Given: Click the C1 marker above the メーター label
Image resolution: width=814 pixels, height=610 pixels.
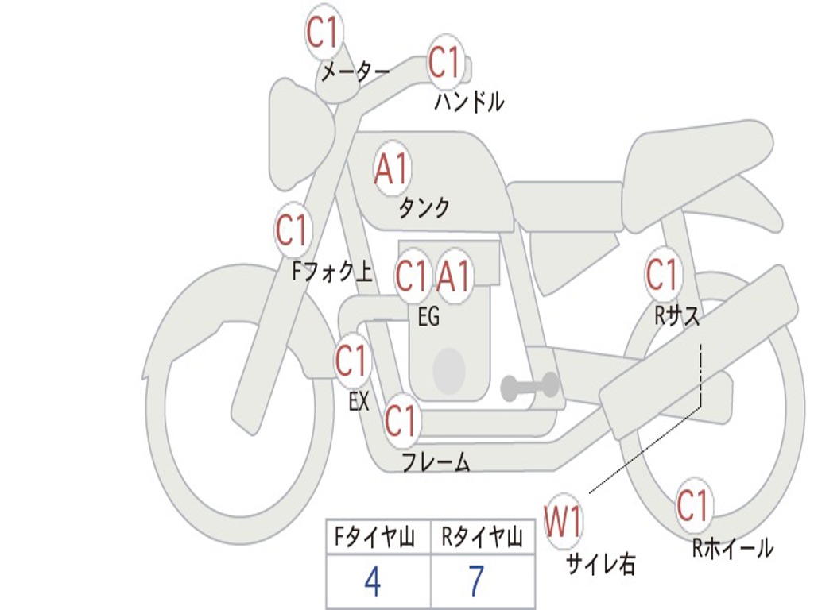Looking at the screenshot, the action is pos(324,33).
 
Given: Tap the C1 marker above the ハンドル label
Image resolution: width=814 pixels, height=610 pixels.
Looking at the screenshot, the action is pos(445,63).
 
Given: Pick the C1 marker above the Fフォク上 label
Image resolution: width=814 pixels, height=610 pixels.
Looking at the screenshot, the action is pos(292,230).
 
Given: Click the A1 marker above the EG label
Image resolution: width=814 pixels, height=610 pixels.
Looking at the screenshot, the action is pos(455,277).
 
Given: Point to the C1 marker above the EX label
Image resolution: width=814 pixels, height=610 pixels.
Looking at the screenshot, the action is pos(352,361).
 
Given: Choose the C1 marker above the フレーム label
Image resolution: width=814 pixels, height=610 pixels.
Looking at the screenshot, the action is pos(401,420).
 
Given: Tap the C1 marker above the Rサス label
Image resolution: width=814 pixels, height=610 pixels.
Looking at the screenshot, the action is pos(662,276).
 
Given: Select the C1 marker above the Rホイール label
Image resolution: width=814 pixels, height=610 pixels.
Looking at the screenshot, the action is pos(692,505).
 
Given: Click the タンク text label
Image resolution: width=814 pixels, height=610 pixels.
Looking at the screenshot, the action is pos(424,208).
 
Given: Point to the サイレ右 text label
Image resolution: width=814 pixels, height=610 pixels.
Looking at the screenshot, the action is pos(600,564).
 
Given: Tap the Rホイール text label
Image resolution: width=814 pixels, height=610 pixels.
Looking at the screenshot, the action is pos(732,548).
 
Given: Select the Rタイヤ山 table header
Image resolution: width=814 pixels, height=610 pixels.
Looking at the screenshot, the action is pos(482,539).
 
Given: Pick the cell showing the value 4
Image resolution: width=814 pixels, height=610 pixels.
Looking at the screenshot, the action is pos(372,583).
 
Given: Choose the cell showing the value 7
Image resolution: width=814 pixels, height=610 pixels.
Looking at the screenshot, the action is pos(475,583).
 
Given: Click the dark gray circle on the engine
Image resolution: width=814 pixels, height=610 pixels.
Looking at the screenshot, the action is pos(448,370).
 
